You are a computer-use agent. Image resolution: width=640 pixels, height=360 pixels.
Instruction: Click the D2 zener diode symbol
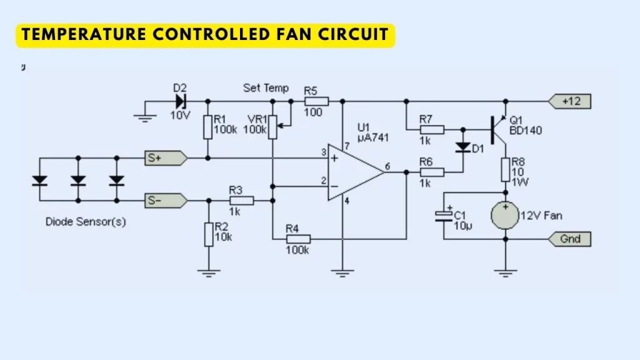(x=181, y=101)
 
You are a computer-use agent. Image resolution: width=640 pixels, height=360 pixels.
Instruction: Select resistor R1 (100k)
(x=207, y=128)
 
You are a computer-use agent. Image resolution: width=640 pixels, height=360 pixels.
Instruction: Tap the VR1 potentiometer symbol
(x=272, y=127)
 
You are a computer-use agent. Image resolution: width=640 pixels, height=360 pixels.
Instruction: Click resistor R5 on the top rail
(x=317, y=101)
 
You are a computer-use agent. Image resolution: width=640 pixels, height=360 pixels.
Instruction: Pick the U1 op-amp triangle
(x=354, y=172)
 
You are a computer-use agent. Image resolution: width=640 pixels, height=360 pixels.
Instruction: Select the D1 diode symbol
(x=462, y=147)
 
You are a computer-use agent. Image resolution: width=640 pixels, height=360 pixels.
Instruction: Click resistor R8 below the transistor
(x=506, y=169)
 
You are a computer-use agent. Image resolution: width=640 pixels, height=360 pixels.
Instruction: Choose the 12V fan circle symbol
(x=506, y=215)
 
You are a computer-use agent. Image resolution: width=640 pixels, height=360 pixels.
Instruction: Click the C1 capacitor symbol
(x=443, y=216)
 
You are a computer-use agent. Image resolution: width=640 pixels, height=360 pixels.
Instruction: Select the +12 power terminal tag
(x=569, y=101)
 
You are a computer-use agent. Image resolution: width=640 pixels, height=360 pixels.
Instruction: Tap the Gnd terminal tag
(x=569, y=239)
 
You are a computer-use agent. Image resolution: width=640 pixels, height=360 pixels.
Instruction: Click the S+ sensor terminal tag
(x=164, y=158)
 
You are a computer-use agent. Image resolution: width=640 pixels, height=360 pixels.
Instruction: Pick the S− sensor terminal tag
(x=164, y=201)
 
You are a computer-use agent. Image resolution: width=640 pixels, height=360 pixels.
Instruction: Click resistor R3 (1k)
(x=241, y=201)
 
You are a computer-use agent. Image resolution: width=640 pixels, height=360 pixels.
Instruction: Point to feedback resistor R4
(x=298, y=239)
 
